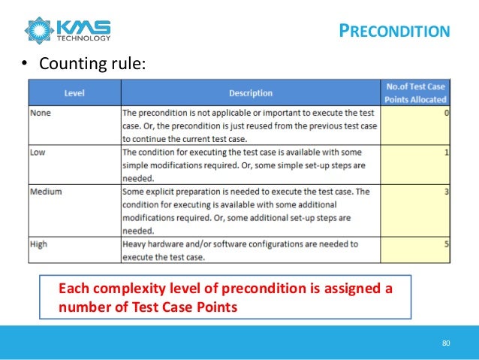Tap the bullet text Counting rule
85,65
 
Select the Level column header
74,93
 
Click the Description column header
250,93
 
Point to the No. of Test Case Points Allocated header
415,93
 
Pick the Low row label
38,152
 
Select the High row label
38,244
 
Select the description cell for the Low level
250,165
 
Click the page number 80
446,343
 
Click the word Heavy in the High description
135,244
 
